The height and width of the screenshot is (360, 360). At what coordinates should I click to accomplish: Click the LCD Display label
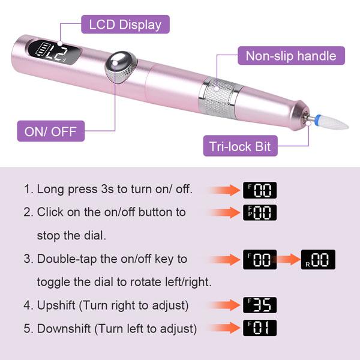[x=125, y=25]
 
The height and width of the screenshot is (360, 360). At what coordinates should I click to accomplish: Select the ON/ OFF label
[x=51, y=130]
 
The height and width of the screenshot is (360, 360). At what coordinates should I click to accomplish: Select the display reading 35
[x=259, y=305]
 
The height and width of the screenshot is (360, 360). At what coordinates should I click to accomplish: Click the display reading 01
[x=259, y=329]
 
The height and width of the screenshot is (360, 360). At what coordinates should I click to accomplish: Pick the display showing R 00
[x=318, y=259]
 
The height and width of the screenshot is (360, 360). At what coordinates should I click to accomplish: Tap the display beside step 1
[x=259, y=190]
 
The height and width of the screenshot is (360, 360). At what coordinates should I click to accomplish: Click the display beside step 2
[x=259, y=212]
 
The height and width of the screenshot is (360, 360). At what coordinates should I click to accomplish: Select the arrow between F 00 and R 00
[x=289, y=259]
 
